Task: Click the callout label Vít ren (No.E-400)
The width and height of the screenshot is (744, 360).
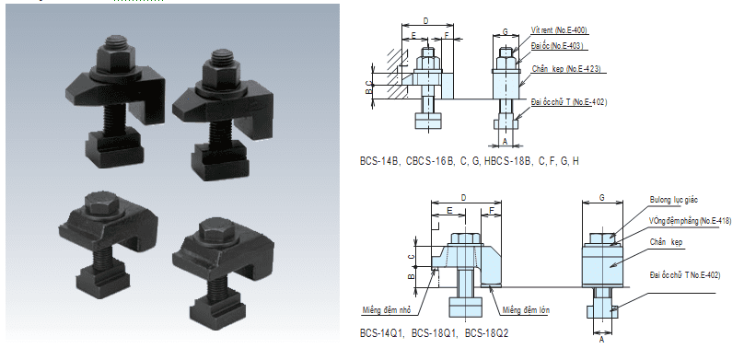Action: click(x=559, y=30)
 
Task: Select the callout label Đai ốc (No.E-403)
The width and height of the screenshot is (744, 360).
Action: click(x=557, y=45)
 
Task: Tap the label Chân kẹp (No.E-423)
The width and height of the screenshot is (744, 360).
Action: click(x=566, y=69)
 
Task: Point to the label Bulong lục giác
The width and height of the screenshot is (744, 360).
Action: click(x=674, y=200)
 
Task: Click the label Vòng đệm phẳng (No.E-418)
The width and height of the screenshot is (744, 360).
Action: click(x=690, y=221)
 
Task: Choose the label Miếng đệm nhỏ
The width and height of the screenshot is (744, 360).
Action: click(x=386, y=310)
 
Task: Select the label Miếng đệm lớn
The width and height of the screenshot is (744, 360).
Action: click(x=527, y=310)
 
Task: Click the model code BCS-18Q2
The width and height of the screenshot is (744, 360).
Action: click(x=486, y=333)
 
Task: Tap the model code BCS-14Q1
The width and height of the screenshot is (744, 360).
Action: click(x=381, y=333)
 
